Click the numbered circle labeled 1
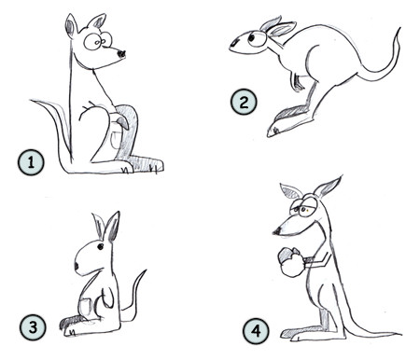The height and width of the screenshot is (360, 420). point(31,164)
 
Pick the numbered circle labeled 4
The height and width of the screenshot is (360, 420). point(253,329)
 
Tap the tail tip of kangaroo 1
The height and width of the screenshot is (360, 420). point(33,101)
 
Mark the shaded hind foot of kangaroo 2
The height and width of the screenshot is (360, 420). point(285,120)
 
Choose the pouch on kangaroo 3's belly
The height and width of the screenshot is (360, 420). point(89,307)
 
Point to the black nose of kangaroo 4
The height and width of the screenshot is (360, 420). point(277,229)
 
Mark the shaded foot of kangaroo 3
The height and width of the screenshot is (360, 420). point(68,324)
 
